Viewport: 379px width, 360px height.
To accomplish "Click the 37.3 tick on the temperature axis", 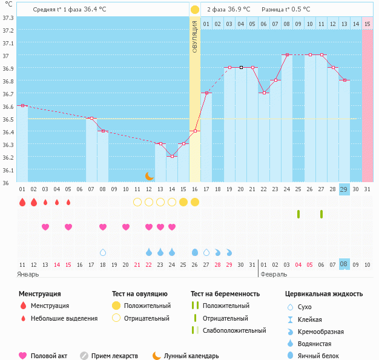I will pyautogui.click(x=8, y=18).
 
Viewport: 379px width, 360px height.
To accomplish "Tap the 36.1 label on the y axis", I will pyautogui.click(x=8, y=170).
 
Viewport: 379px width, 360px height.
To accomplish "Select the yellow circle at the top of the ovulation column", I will pyautogui.click(x=195, y=10).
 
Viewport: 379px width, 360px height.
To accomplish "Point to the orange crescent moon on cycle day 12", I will pyautogui.click(x=149, y=176).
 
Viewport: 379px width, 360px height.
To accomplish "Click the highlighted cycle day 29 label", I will pyautogui.click(x=344, y=189).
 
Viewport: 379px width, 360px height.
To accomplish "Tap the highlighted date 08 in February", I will pyautogui.click(x=344, y=264).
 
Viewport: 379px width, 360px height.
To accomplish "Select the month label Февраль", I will pyautogui.click(x=274, y=274).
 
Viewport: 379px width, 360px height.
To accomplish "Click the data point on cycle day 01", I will pyautogui.click(x=22, y=105).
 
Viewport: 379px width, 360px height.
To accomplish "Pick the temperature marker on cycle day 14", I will pyautogui.click(x=172, y=156).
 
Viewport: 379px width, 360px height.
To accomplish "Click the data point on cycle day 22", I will pyautogui.click(x=264, y=93).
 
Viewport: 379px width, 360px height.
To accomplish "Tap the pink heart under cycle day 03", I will pyautogui.click(x=45, y=227).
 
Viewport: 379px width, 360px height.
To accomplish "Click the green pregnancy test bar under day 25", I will pyautogui.click(x=298, y=214).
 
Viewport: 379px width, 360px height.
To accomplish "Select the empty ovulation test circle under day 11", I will pyautogui.click(x=137, y=202).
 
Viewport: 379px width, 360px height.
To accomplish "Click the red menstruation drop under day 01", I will pyautogui.click(x=22, y=202).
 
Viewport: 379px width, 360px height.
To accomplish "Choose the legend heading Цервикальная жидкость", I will pyautogui.click(x=324, y=294).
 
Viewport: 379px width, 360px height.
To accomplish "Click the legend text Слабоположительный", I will pyautogui.click(x=234, y=330).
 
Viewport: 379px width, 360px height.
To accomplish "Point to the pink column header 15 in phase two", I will pyautogui.click(x=367, y=24).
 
